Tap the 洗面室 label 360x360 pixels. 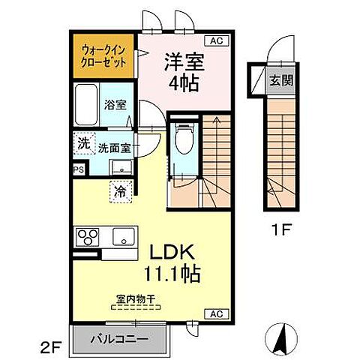115,147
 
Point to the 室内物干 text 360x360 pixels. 135,298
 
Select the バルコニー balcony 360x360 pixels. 119,338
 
